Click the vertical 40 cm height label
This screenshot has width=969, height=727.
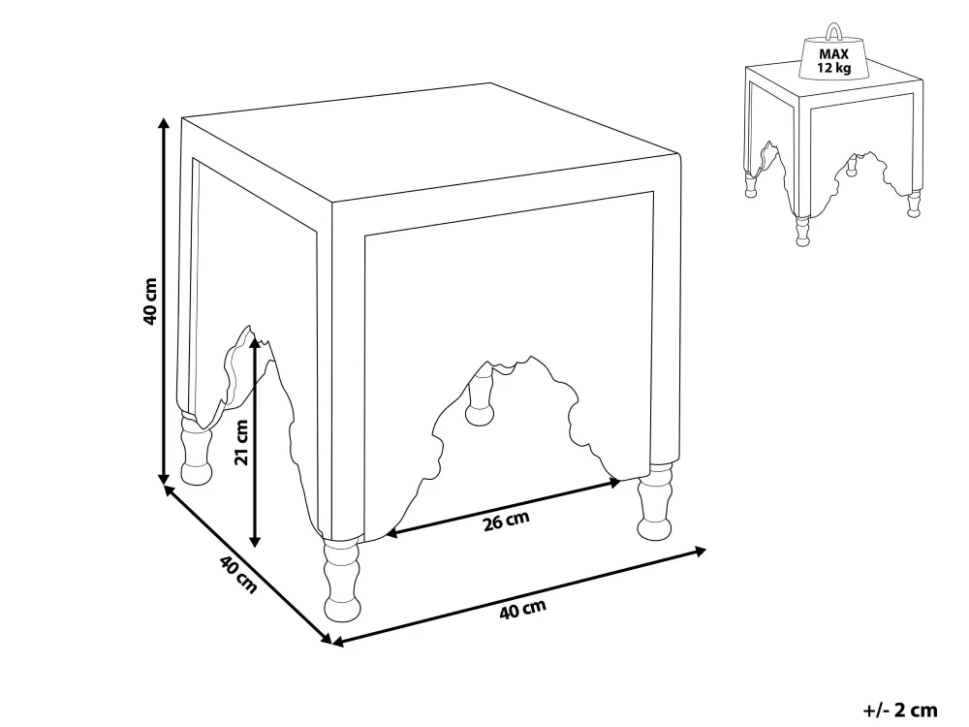tap(149, 301)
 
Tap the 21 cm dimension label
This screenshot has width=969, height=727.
tap(241, 442)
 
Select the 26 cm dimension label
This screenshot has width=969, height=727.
tap(506, 521)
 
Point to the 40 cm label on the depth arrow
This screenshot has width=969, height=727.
tap(238, 574)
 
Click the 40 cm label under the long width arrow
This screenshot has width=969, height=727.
tap(523, 610)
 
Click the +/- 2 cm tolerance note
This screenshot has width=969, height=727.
tap(900, 710)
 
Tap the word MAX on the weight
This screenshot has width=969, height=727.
tap(833, 54)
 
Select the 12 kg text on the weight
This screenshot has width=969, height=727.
tap(833, 68)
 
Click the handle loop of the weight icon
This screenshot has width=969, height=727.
tap(834, 31)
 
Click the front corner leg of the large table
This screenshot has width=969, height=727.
tap(342, 579)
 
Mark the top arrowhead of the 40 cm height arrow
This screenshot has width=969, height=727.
tap(164, 123)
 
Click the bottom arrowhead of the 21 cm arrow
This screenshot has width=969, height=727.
tap(255, 541)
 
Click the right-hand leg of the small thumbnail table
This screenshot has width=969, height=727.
tap(914, 204)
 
